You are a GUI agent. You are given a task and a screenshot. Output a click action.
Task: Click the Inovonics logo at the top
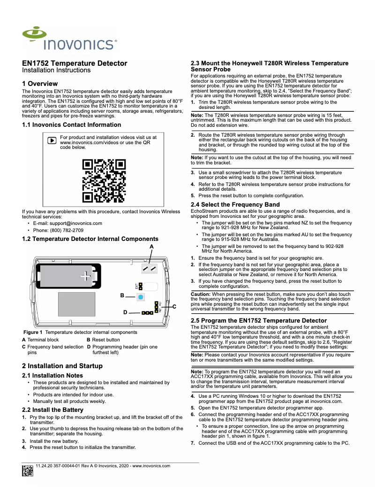click(x=69, y=39)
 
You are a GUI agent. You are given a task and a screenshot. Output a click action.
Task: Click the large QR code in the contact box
click(x=104, y=181)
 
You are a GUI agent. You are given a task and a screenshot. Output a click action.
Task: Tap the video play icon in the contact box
click(x=53, y=140)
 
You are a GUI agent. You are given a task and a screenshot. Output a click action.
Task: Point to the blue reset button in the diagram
click(x=140, y=297)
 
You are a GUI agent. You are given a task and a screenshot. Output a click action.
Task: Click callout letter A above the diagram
click(x=151, y=247)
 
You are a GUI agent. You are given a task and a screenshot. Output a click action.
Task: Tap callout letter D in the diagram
click(x=125, y=312)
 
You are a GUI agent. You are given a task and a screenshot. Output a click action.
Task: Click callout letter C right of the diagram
click(x=174, y=307)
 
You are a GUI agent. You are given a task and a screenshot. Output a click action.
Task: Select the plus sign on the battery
click(x=85, y=276)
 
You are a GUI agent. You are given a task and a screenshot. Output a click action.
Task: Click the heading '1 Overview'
click(x=40, y=84)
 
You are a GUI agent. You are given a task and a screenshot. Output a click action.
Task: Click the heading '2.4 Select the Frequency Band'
click(x=235, y=205)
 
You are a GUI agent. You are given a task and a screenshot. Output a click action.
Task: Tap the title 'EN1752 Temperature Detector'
click(x=75, y=63)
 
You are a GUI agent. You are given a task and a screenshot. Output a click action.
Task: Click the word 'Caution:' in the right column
click(x=201, y=294)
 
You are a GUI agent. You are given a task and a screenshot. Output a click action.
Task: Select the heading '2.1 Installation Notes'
click(x=53, y=376)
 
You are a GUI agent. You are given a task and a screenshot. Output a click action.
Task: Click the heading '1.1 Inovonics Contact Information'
click(x=71, y=125)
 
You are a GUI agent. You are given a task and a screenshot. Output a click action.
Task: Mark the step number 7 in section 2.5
click(x=193, y=443)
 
